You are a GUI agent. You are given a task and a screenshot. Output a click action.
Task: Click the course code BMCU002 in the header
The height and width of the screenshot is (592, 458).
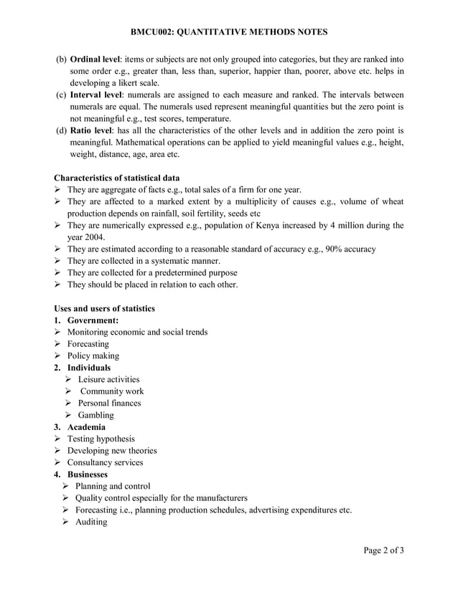coord(154,32)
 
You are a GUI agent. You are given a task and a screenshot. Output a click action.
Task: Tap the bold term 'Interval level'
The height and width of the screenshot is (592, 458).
coord(96,95)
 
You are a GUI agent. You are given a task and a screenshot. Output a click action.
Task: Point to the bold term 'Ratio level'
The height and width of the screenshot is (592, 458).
coord(92,130)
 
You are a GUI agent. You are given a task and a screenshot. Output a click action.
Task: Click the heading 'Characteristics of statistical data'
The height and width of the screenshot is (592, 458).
coord(116,178)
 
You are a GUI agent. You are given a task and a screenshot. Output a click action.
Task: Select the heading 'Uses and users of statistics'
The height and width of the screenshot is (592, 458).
coord(104,309)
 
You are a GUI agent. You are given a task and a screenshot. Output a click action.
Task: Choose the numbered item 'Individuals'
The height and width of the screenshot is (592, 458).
coord(89,368)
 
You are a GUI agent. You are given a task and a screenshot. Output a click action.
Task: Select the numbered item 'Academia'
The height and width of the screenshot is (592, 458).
coord(87,427)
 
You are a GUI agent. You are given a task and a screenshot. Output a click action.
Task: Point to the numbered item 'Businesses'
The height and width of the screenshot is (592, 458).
coord(88,474)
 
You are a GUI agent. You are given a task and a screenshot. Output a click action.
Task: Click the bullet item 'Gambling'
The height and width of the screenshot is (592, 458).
coord(95,415)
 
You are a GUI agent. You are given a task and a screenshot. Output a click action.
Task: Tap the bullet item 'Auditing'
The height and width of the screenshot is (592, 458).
coord(90,522)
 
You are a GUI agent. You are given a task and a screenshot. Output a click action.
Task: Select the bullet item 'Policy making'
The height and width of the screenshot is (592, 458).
coord(93,356)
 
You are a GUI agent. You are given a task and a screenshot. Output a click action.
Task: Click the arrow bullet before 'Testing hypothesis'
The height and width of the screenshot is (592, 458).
coord(58,439)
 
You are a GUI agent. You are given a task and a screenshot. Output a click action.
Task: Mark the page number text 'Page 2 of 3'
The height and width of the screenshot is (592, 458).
coord(383,550)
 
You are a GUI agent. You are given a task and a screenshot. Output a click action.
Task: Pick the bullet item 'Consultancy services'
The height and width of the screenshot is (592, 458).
coord(105,462)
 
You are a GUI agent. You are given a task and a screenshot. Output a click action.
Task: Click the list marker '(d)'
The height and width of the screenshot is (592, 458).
coord(61,130)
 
